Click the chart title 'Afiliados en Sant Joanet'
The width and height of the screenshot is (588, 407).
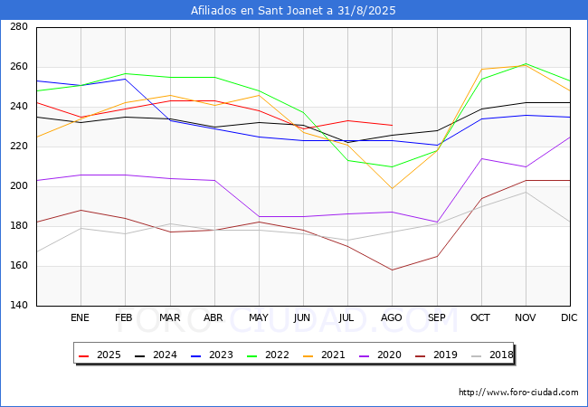point(293,11)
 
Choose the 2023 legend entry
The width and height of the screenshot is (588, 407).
point(217,355)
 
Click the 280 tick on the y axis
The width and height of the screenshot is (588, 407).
point(18,27)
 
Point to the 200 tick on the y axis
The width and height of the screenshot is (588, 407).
point(18,186)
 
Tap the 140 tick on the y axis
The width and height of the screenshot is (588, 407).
point(18,306)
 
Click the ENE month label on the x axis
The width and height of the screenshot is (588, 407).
point(81,318)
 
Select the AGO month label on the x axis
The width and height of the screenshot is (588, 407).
point(392,318)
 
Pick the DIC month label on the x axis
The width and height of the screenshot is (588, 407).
point(569,318)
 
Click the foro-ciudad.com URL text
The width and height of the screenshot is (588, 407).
point(518,393)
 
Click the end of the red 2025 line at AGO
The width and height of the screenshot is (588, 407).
point(392,125)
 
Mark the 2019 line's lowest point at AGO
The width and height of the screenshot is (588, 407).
point(392,270)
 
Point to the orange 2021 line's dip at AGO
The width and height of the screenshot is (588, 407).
point(392,188)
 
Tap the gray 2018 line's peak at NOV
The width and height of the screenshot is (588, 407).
point(525,192)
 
